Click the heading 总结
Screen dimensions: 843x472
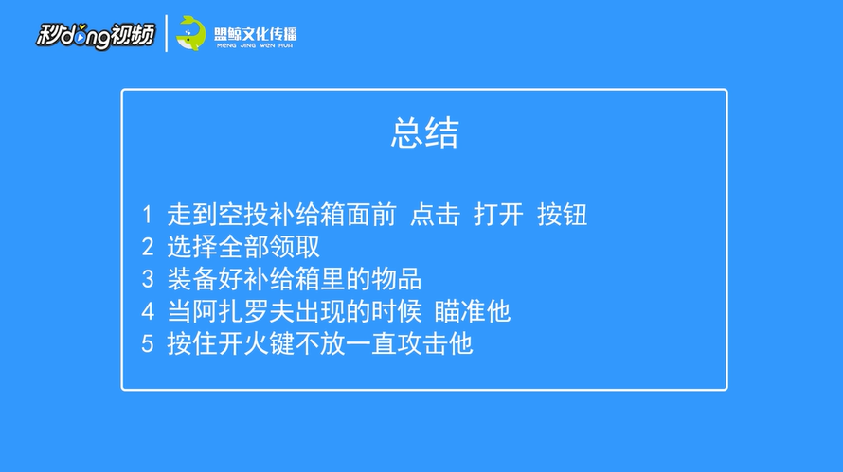pos(424,132)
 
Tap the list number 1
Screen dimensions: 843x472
pos(148,215)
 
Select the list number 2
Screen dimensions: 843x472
pos(148,247)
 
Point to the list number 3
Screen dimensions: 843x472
pos(148,279)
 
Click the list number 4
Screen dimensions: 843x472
pos(148,311)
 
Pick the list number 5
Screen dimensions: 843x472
pos(148,343)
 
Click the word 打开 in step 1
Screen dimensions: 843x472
pos(498,215)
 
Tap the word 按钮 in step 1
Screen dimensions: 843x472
pos(562,215)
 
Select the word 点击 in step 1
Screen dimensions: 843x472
pos(435,215)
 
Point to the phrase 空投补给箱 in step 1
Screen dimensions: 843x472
pos(281,215)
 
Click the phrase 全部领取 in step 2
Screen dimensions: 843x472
pos(269,247)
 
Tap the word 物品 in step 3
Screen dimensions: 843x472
pos(396,279)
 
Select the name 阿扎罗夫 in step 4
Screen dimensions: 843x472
pos(243,311)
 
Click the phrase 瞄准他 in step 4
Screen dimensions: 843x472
pos(472,311)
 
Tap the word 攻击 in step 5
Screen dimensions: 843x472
pos(421,343)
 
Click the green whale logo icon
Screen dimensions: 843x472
pos(191,33)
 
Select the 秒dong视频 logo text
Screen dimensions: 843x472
pos(95,36)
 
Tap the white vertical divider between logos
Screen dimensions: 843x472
pos(166,33)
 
